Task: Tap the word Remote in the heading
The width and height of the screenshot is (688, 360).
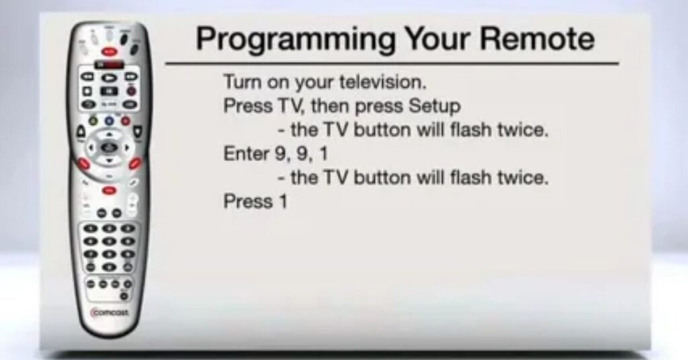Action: [537, 38]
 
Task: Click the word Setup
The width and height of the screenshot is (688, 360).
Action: [435, 107]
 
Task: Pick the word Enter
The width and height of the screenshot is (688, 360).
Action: [246, 154]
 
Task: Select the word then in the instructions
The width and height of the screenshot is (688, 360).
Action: [329, 106]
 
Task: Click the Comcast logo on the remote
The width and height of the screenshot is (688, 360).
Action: [110, 312]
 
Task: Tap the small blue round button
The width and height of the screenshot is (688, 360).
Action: [109, 121]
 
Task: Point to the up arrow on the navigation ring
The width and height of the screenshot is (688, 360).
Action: [110, 133]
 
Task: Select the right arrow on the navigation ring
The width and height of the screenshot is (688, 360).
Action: [128, 147]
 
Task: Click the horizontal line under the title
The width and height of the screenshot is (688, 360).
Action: [392, 64]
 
